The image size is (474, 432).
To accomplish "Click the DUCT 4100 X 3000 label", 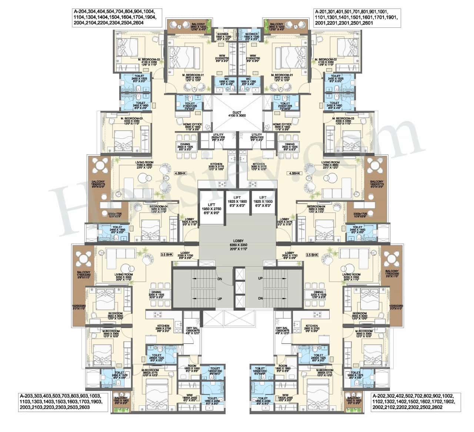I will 237,113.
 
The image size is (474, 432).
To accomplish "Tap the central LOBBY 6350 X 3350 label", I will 237,245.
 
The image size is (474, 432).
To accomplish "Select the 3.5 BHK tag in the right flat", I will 312,255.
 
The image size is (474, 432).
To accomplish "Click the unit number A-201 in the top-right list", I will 321,11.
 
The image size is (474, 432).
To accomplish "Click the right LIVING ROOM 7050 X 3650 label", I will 330,164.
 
